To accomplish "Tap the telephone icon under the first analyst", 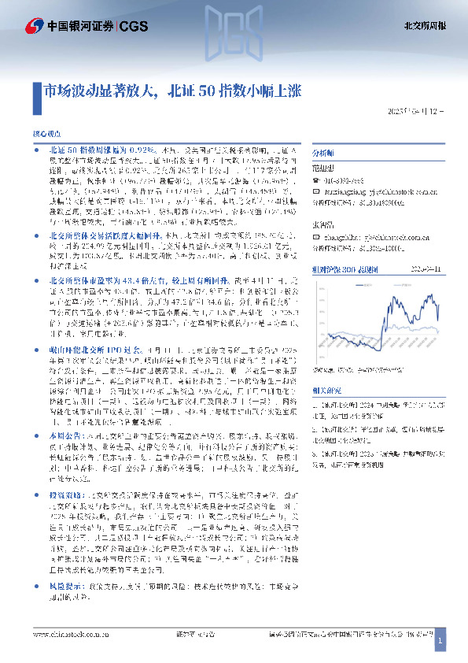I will (x=317, y=180).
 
